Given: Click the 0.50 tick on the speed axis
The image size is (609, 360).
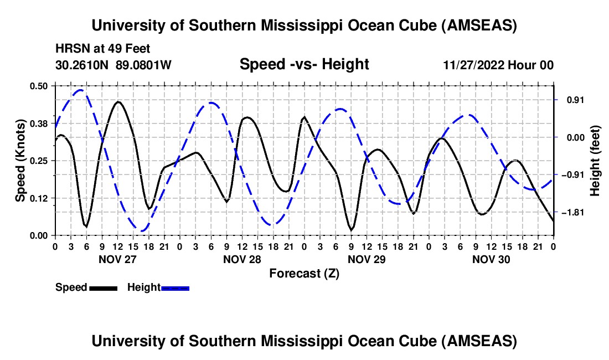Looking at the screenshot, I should tap(41, 86).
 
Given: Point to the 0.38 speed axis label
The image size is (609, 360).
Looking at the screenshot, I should tap(41, 123).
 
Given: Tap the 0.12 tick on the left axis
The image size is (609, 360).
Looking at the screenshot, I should tap(41, 198).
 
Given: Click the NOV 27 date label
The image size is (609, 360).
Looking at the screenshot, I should tap(117, 259).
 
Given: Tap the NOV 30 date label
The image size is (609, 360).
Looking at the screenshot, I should tap(491, 259).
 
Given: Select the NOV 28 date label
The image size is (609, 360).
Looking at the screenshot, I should tap(241, 259).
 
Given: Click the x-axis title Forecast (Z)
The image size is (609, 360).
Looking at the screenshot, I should tap(304, 273).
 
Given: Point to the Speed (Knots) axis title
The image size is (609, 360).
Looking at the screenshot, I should tap(20, 161).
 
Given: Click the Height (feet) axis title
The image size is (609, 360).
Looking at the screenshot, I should tap(595, 161).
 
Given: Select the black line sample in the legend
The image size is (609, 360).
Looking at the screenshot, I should tap(103, 288).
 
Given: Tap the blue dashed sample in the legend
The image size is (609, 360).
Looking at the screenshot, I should tap(176, 288).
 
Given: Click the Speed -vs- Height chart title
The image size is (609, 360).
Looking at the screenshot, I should tap(304, 65).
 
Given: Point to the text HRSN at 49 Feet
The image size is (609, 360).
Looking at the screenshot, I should tap(103, 49).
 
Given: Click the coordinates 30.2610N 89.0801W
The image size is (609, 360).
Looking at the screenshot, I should tap(114, 65).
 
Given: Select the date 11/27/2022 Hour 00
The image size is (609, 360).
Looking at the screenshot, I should tap(498, 65).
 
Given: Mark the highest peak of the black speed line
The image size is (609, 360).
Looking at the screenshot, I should tap(117, 102).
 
